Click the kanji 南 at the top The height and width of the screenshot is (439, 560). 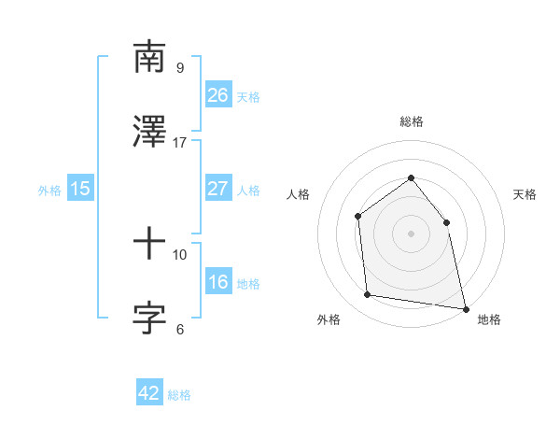pos(149,58)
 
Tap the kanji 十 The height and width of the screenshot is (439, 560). pos(149,245)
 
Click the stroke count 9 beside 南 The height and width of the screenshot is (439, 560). pos(179,67)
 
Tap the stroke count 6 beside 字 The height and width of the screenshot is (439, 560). pos(179,329)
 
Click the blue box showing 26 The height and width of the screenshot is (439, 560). pos(217,95)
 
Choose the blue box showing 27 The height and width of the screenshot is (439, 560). pos(217,189)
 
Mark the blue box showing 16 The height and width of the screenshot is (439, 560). pos(217,282)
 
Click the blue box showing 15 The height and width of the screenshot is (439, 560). pos(80,189)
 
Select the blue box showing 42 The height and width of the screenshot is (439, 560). pos(149,393)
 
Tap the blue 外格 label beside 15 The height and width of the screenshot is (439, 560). pos(49,190)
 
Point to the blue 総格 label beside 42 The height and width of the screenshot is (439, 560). pos(179,395)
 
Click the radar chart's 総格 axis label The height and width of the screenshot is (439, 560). pos(411,121)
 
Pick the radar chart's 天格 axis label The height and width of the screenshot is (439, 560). pos(525,194)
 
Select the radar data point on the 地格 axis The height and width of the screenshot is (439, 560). pos(464,307)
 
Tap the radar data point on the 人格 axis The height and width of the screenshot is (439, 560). pos(357,217)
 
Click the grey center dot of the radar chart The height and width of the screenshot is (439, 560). pos(411,233)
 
